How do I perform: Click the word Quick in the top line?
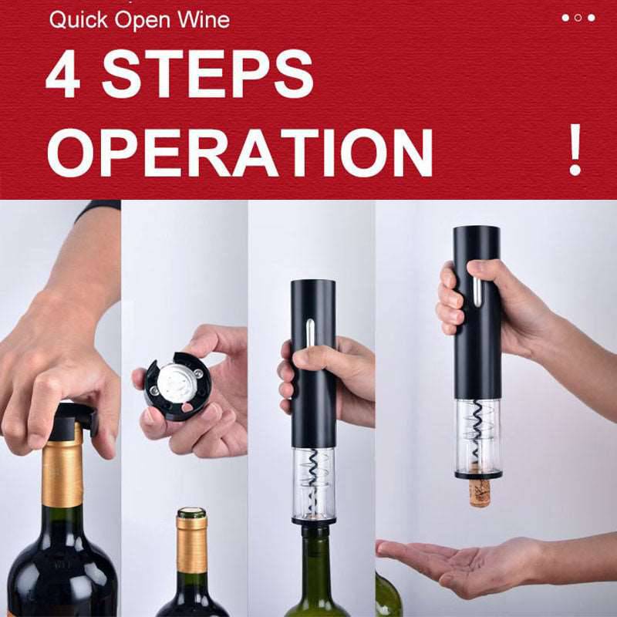(x=76, y=19)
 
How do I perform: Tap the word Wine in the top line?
(x=201, y=19)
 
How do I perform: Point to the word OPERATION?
(x=240, y=152)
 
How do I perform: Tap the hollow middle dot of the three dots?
(x=578, y=17)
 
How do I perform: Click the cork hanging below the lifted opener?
(x=480, y=492)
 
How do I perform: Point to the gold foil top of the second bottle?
(x=191, y=540)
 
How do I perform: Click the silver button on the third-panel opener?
(x=309, y=335)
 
